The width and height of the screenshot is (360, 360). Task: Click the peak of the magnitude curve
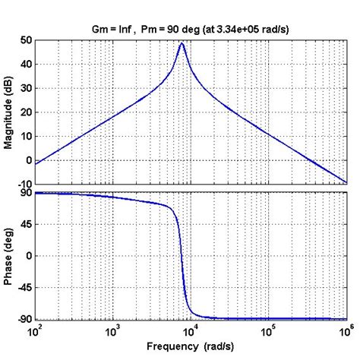click(x=182, y=43)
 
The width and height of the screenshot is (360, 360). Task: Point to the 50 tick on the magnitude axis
click(x=26, y=39)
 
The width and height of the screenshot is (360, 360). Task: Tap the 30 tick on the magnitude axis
click(x=26, y=88)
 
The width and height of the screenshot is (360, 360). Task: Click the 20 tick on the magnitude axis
click(x=26, y=112)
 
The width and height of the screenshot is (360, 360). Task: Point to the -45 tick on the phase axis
click(x=24, y=288)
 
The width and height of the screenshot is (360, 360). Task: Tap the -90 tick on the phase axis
click(x=24, y=319)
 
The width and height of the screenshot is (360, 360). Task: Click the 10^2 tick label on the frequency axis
click(x=36, y=331)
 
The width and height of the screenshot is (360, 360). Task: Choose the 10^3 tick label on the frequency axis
click(x=113, y=331)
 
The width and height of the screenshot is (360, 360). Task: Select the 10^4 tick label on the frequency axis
click(x=191, y=331)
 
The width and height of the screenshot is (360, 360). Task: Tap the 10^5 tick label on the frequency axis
click(x=268, y=331)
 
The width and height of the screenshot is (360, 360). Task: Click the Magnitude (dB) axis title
click(x=9, y=112)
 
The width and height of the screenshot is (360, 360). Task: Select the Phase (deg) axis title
click(x=9, y=256)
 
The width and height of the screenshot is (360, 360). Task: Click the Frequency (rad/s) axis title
click(x=191, y=347)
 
